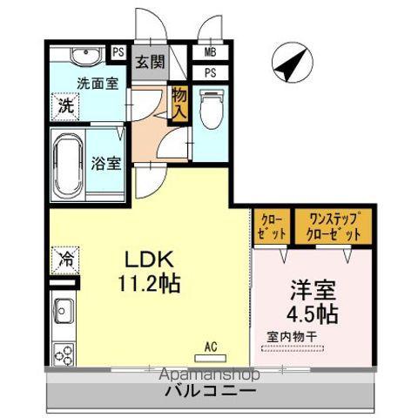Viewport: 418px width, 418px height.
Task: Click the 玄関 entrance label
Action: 150,62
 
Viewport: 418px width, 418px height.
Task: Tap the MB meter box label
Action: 210,52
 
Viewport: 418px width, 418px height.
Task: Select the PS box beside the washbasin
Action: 118,52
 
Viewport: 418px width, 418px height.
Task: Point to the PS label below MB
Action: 210,72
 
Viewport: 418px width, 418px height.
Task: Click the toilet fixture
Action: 212,109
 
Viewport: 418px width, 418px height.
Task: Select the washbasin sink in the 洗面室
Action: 86,56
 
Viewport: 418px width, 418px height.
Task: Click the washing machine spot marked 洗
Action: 65,106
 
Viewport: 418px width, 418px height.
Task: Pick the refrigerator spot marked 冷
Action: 65,260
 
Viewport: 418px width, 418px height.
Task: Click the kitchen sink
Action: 63,310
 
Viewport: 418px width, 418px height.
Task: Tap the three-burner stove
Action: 64,354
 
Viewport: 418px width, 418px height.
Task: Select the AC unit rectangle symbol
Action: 211,358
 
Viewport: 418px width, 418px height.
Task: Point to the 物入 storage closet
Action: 179,104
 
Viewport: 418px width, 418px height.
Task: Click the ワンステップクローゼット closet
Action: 334,226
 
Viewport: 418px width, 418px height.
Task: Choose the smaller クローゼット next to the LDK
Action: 272,226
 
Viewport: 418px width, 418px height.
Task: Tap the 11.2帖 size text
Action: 149,283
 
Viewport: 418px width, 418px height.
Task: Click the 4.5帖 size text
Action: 313,313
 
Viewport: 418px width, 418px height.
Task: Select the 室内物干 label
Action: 292,337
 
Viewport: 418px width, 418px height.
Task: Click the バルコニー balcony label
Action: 211,391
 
